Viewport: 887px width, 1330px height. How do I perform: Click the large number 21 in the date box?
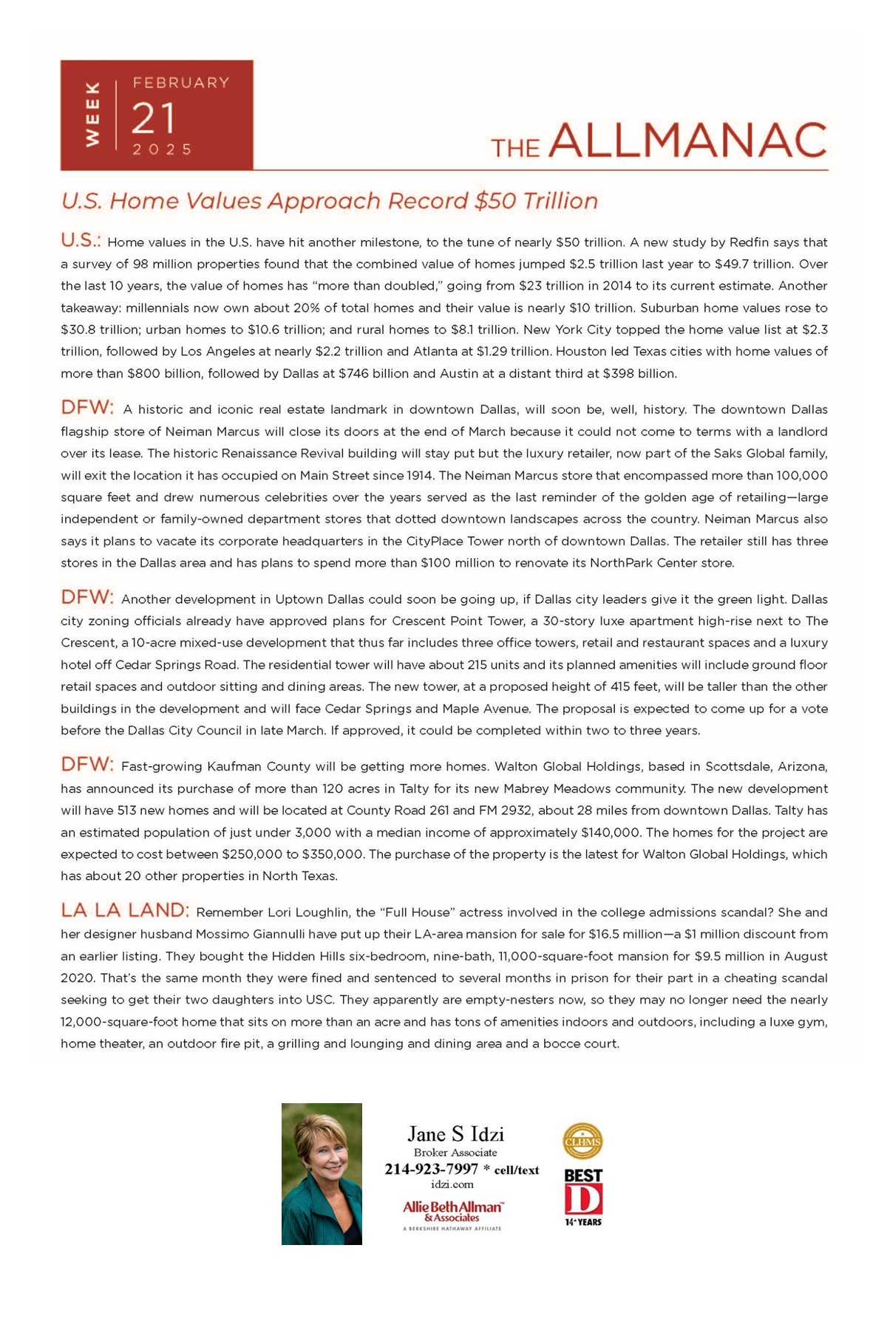[x=154, y=118]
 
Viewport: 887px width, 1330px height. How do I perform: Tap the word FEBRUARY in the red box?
[x=181, y=83]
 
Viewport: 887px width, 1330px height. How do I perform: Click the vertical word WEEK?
[x=92, y=114]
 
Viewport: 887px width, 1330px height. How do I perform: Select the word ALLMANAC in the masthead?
[x=687, y=140]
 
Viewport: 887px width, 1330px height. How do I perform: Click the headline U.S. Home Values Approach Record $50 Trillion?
[x=330, y=201]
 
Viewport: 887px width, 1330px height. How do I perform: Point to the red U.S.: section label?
[x=81, y=241]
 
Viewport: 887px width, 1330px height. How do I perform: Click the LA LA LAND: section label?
[x=125, y=910]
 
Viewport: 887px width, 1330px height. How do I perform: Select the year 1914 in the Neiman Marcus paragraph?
[x=420, y=475]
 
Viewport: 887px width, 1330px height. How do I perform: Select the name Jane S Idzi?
[x=455, y=1134]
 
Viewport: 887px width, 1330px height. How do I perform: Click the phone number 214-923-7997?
[x=431, y=1169]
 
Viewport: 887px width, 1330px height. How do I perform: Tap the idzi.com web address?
[x=452, y=1184]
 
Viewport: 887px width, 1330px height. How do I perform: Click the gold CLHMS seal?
[x=582, y=1142]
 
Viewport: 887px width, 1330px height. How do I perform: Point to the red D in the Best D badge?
[x=583, y=1198]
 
